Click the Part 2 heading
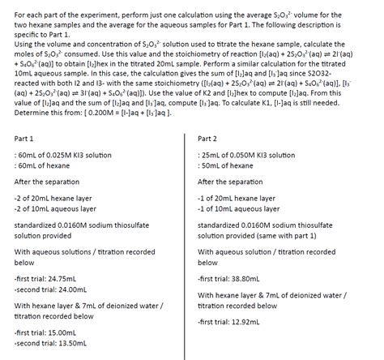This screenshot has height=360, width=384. pos(208,138)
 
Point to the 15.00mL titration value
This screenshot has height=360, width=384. pos(64,332)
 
